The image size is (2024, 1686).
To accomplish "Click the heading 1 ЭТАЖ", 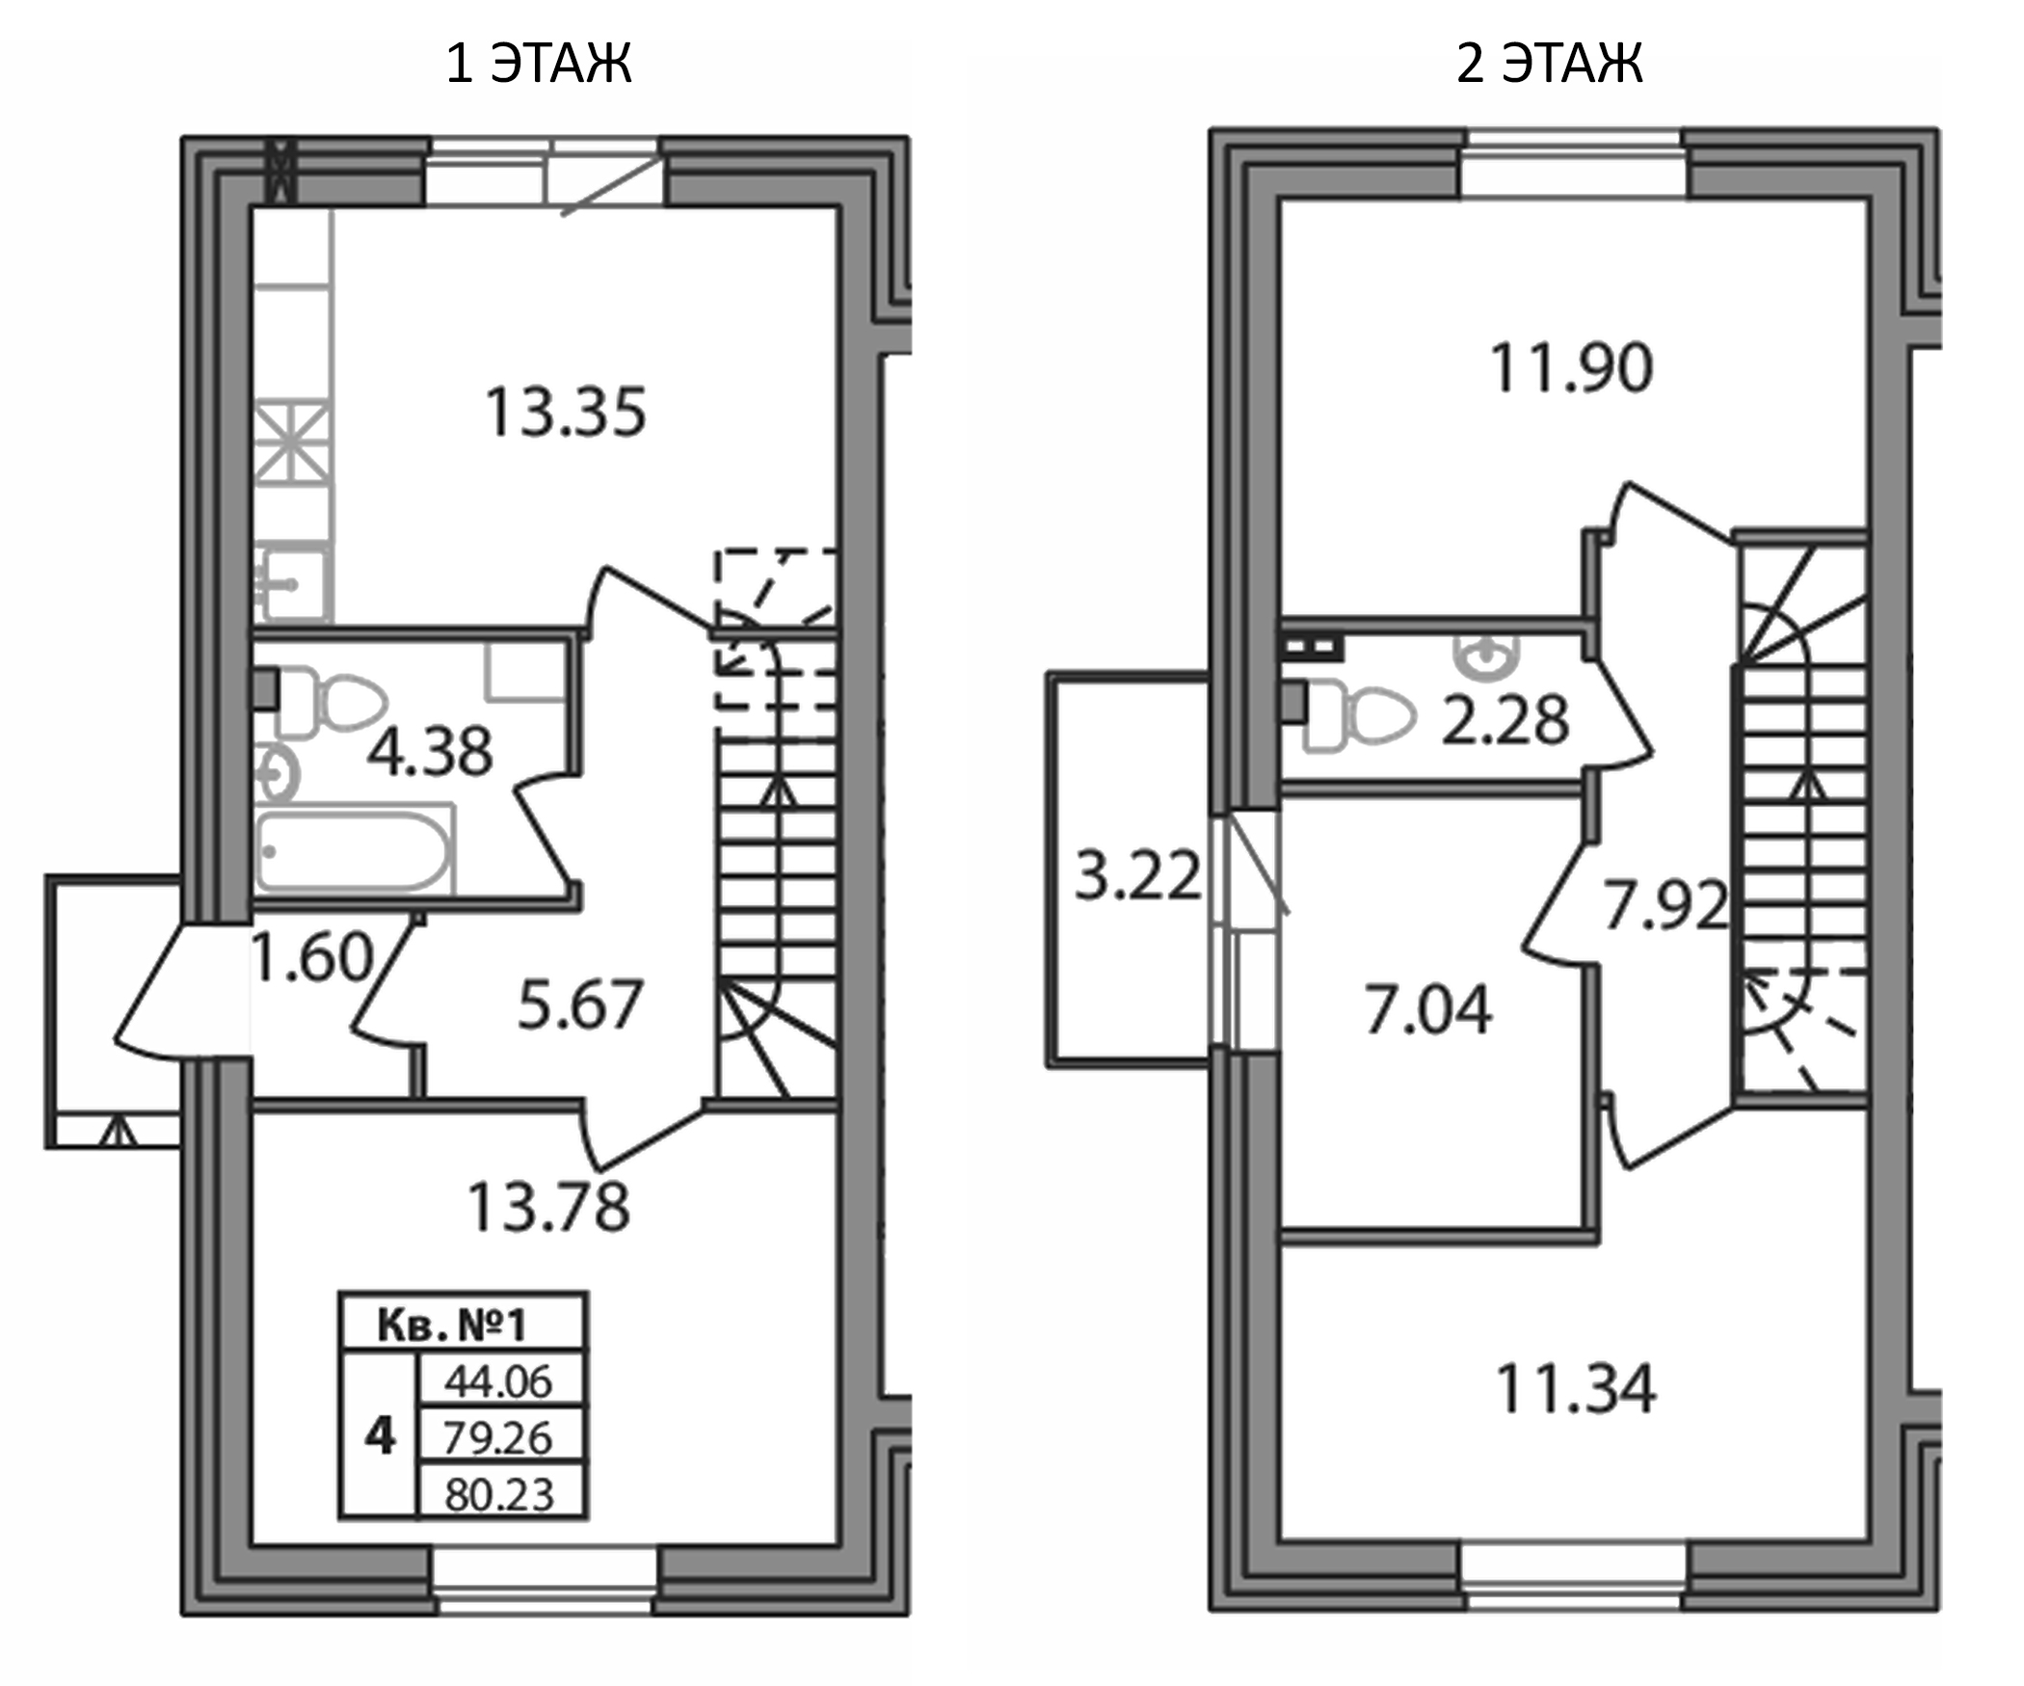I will click(538, 65).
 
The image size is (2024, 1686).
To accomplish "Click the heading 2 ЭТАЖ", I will click(1549, 65).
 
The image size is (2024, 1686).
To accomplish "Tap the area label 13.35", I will click(565, 413).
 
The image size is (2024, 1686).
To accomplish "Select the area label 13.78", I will click(547, 1207).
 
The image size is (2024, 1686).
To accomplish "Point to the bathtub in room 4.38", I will click(354, 852).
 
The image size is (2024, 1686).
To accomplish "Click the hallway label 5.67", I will click(579, 1004).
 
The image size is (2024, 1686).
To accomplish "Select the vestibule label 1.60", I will click(310, 957).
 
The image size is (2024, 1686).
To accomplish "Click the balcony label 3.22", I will click(1137, 875).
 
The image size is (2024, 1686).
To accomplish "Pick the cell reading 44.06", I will click(498, 1381).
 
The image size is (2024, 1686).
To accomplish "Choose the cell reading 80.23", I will click(499, 1495).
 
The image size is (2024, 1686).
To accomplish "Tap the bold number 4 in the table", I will click(380, 1436).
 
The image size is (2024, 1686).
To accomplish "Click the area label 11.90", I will click(1571, 368).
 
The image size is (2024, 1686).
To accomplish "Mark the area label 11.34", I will click(1575, 1389).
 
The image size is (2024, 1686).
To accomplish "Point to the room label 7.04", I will click(1428, 1009).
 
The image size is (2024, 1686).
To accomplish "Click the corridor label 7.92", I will click(1664, 906).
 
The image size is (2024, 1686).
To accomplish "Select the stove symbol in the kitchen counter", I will click(292, 443).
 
